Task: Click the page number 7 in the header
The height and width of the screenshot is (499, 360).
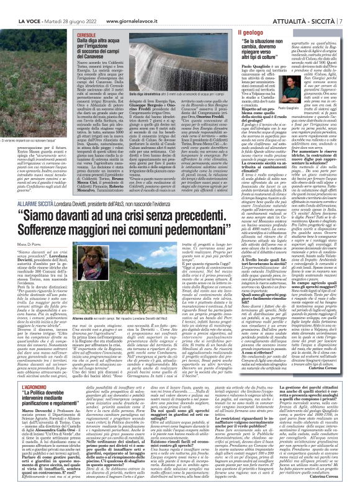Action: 354,6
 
